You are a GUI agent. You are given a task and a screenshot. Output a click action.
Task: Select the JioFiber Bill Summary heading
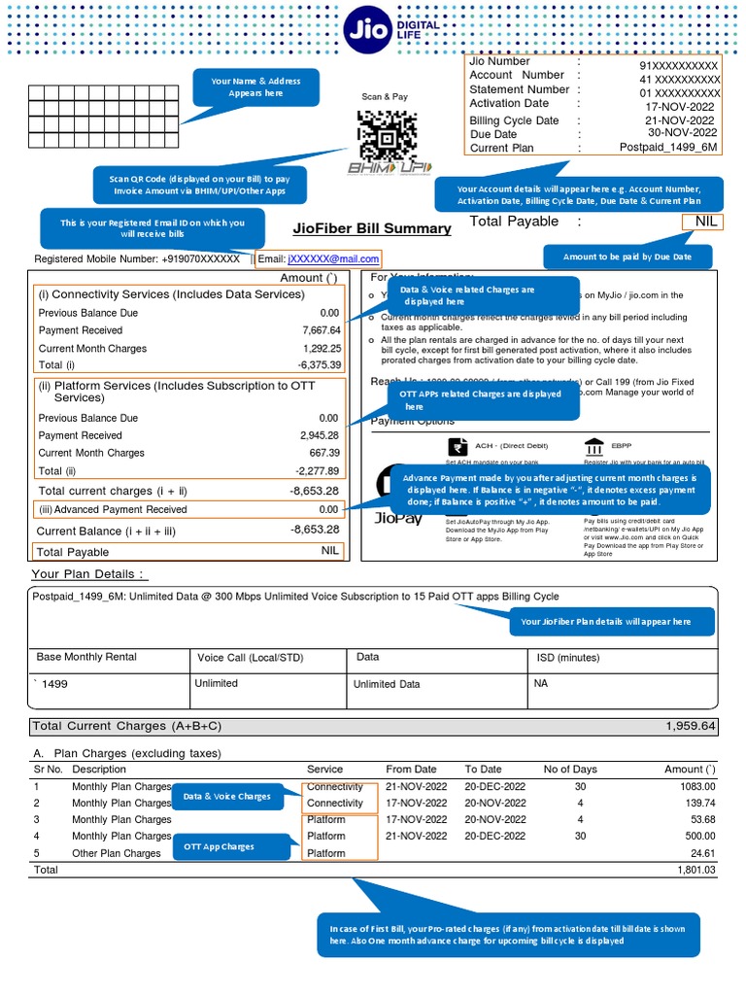372,228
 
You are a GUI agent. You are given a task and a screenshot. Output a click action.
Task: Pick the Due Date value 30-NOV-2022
682,133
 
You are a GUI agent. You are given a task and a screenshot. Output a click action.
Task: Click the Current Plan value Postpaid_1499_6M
668,148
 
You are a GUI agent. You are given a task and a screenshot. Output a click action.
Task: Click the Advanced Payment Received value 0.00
328,509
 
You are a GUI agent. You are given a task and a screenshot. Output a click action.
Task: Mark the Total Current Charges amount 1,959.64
690,726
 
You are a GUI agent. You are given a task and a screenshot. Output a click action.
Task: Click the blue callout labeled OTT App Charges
219,846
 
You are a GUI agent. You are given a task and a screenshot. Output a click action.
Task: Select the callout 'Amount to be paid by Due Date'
627,257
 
